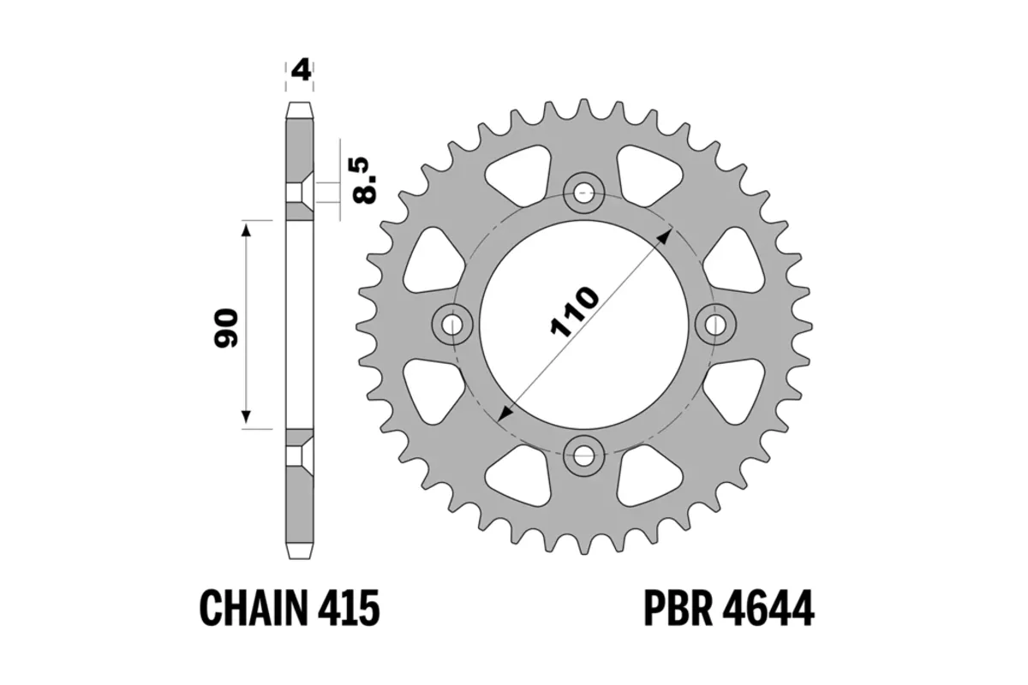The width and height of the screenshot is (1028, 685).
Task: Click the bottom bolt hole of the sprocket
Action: tap(585, 455)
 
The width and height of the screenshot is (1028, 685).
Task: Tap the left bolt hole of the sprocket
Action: tap(453, 323)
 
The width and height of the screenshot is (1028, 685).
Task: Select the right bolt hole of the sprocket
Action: tap(717, 323)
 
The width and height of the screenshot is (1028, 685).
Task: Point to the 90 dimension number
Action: tap(226, 326)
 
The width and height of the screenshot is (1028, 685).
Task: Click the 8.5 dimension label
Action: tap(366, 179)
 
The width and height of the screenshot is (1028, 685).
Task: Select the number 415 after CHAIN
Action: tap(346, 609)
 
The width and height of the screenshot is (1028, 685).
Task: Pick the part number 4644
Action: tap(767, 609)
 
